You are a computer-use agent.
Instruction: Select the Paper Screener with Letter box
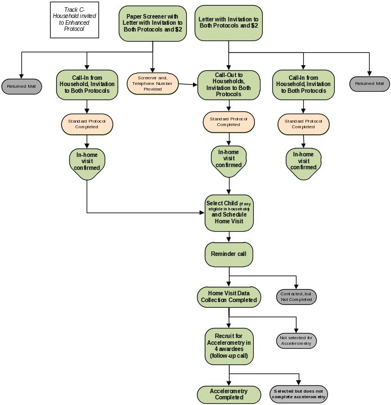click(152, 23)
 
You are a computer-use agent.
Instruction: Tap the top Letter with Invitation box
click(228, 22)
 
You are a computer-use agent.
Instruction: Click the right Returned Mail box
click(369, 84)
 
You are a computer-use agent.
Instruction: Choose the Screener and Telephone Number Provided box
click(153, 84)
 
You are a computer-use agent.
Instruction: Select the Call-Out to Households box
click(228, 84)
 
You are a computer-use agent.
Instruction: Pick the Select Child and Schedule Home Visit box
click(228, 212)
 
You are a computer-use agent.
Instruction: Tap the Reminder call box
click(228, 254)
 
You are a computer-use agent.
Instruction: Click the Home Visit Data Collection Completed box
click(228, 296)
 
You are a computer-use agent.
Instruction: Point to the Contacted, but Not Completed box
click(296, 296)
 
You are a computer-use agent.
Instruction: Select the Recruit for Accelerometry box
click(228, 345)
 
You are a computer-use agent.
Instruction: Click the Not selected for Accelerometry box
click(296, 340)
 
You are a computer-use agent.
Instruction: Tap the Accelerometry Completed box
click(228, 394)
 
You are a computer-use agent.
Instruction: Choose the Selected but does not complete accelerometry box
click(299, 394)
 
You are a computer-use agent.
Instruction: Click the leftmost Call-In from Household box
click(87, 84)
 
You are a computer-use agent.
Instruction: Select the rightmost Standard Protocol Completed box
click(303, 124)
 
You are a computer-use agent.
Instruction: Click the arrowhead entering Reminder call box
click(228, 241)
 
